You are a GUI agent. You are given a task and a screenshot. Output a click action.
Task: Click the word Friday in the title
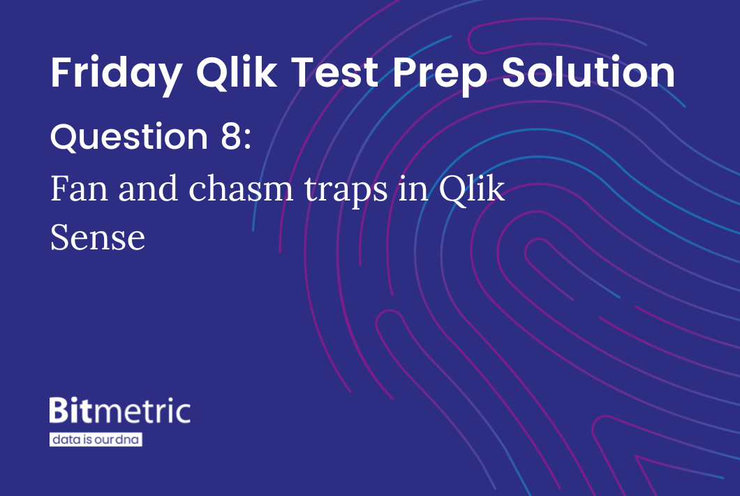tap(117, 73)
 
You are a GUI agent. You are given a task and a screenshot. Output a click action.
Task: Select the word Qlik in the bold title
tap(237, 73)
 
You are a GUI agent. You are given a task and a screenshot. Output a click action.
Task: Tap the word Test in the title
tap(334, 72)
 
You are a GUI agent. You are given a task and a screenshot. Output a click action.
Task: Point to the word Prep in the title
tap(439, 75)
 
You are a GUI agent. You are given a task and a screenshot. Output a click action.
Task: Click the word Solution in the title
tap(588, 72)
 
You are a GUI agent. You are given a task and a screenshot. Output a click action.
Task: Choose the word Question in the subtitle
tap(129, 137)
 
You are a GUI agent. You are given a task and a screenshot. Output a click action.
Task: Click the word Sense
tap(98, 238)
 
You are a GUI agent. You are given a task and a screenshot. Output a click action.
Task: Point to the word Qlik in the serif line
tap(472, 189)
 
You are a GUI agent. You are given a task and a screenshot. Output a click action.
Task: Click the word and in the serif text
tap(148, 187)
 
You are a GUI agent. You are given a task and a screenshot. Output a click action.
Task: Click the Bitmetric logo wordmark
tap(120, 410)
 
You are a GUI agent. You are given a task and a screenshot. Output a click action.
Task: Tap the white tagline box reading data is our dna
tap(96, 439)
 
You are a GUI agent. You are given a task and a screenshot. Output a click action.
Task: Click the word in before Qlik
tap(413, 189)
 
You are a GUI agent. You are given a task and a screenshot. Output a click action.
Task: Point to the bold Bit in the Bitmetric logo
tap(71, 410)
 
